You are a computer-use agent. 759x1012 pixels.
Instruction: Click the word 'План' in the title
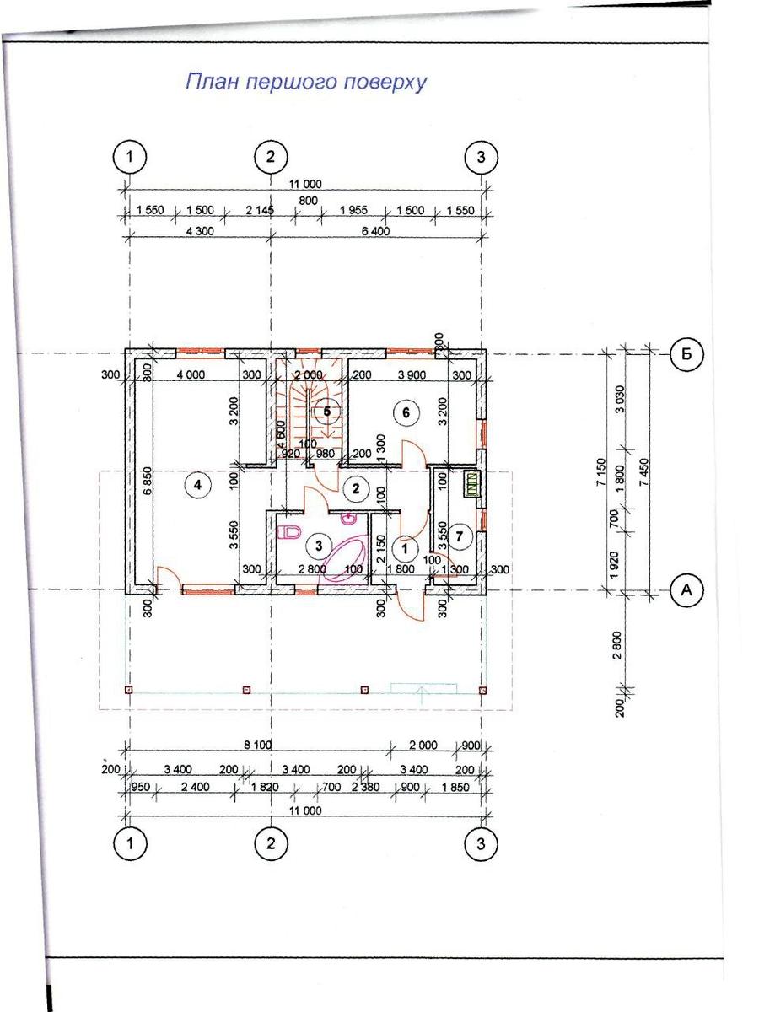[213, 82]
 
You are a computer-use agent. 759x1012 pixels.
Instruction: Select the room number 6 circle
[406, 412]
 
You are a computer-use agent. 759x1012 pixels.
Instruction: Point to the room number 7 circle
[459, 536]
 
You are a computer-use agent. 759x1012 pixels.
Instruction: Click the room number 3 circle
[319, 546]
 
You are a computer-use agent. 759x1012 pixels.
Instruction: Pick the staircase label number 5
[326, 411]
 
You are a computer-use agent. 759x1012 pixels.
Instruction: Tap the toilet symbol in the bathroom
[289, 531]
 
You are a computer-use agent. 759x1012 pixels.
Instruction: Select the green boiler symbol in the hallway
[471, 484]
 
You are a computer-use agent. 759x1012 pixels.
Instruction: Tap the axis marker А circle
[686, 589]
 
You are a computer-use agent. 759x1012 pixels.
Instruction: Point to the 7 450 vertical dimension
[644, 471]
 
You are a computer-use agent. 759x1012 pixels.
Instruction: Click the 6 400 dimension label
[374, 230]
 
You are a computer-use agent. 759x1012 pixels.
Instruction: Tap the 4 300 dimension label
[200, 230]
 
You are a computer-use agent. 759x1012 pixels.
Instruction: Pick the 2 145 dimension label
[260, 210]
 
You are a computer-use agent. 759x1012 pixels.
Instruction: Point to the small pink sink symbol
[348, 519]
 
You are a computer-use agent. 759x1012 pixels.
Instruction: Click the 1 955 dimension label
[353, 210]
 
